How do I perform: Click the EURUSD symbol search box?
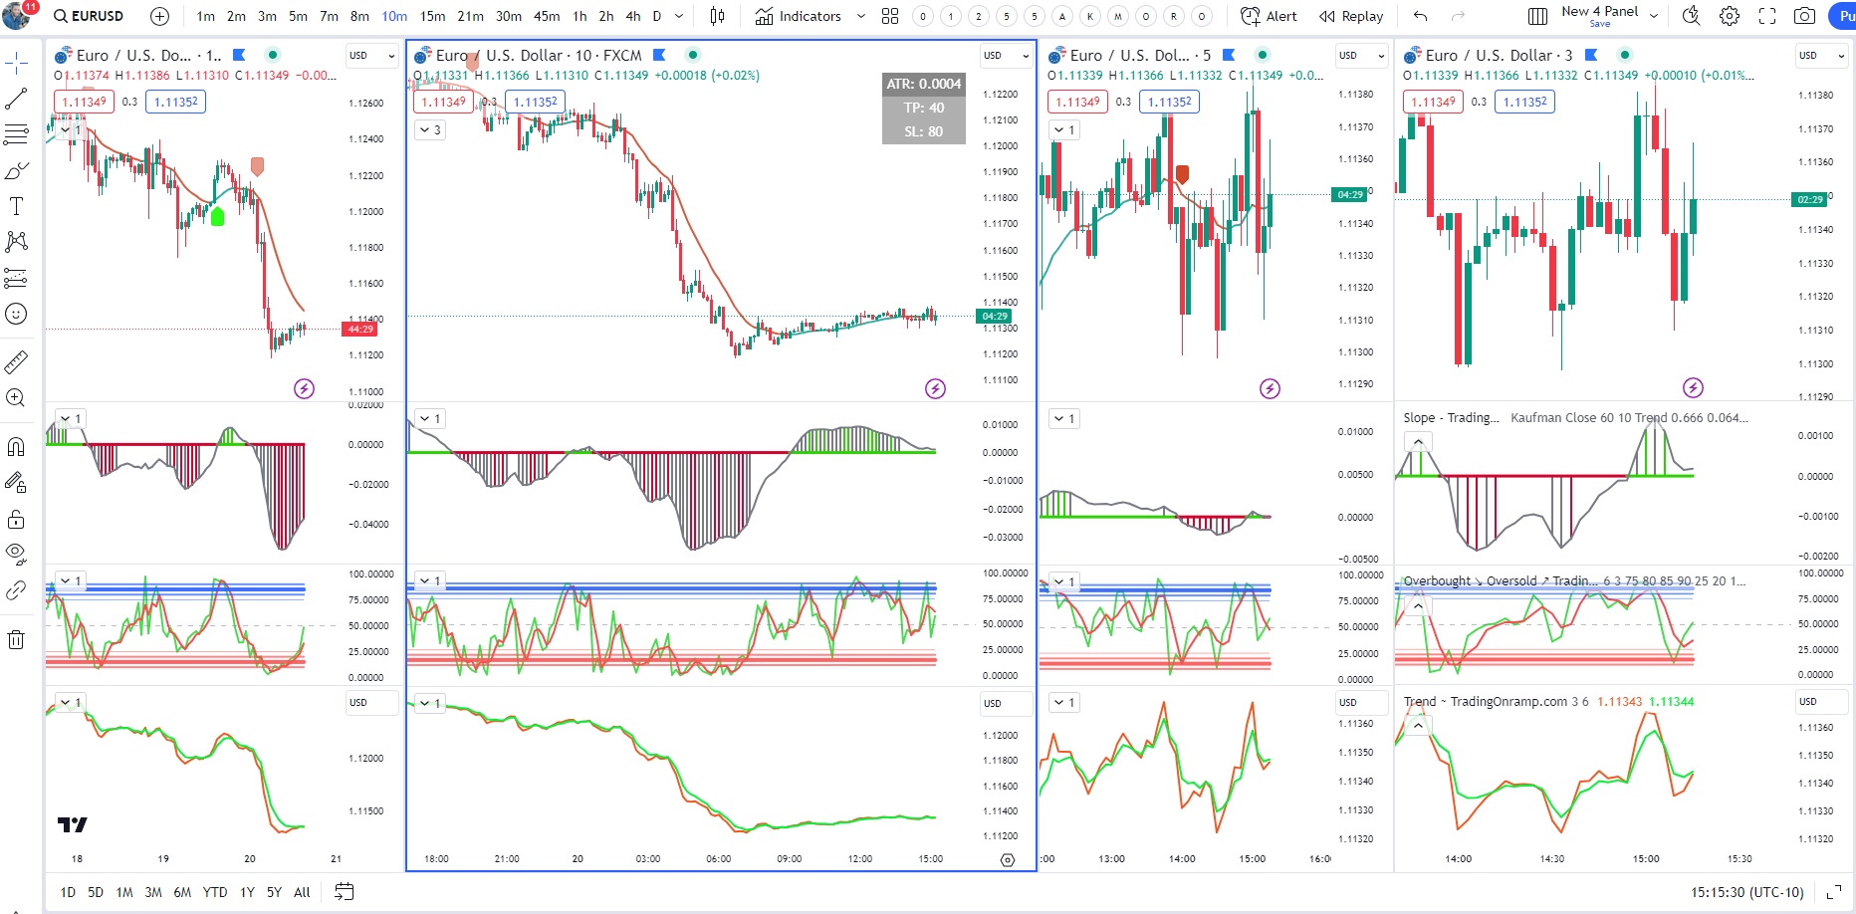90,16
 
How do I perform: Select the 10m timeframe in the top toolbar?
394,16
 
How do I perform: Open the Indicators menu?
798,16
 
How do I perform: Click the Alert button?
1270,16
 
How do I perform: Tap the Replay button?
1351,16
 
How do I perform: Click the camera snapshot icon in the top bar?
1804,16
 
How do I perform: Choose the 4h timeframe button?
633,16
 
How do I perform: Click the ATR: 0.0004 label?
924,84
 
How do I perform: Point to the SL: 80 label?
924,131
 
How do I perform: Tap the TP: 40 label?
924,108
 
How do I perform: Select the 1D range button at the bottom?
68,892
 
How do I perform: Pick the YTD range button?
215,892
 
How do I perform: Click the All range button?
302,892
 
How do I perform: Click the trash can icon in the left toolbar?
16,639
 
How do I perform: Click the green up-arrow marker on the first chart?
218,216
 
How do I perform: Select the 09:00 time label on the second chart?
790,858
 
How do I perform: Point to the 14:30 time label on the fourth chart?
1551,858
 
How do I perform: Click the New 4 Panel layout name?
1599,12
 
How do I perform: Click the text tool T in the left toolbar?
16,206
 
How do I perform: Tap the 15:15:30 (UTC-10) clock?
1746,892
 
